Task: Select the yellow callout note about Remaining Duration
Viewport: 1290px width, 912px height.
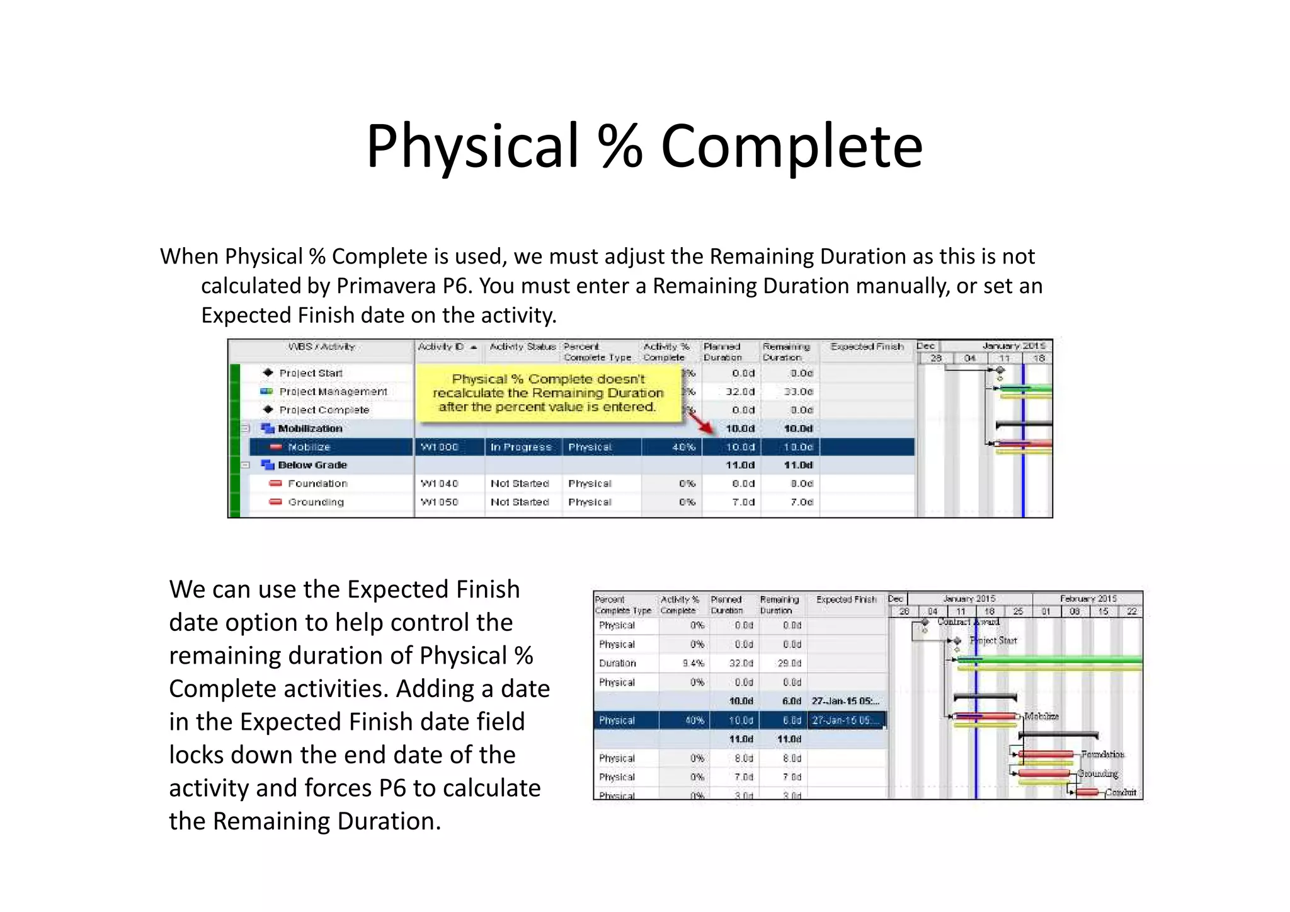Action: click(x=548, y=393)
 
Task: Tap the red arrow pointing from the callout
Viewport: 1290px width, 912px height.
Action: click(x=701, y=422)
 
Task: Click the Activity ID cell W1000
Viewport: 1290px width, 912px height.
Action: click(x=440, y=447)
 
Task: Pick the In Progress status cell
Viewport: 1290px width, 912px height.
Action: click(x=521, y=447)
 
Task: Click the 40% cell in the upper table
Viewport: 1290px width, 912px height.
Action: click(x=683, y=447)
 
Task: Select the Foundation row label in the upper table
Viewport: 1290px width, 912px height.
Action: click(x=317, y=483)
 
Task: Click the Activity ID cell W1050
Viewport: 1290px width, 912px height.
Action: click(x=440, y=502)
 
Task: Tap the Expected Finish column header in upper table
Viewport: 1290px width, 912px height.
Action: click(x=867, y=347)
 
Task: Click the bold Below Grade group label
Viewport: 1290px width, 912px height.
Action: click(x=312, y=465)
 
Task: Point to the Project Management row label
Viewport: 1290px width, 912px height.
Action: click(x=333, y=391)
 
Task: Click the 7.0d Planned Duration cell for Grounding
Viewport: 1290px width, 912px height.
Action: click(x=743, y=502)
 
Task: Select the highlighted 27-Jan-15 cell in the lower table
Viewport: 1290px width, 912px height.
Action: click(x=845, y=720)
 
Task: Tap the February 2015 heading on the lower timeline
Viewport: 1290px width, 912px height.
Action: click(x=1088, y=599)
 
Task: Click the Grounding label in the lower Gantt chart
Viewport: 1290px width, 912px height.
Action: click(x=1098, y=773)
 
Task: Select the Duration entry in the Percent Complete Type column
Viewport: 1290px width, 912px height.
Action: click(x=617, y=663)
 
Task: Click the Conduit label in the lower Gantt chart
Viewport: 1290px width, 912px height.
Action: click(x=1121, y=792)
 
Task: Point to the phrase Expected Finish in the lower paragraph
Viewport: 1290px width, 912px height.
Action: click(x=433, y=590)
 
